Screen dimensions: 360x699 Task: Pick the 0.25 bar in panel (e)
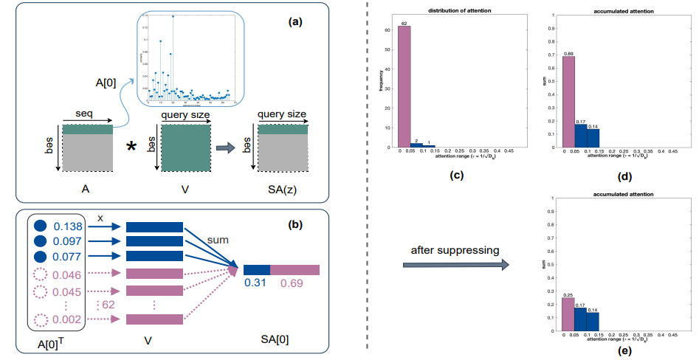pos(568,315)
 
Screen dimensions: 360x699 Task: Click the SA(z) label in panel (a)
pos(283,190)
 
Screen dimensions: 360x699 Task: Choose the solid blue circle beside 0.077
pos(42,257)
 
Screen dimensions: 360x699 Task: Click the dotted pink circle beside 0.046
pos(42,274)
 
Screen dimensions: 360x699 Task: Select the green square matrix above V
pos(185,148)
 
